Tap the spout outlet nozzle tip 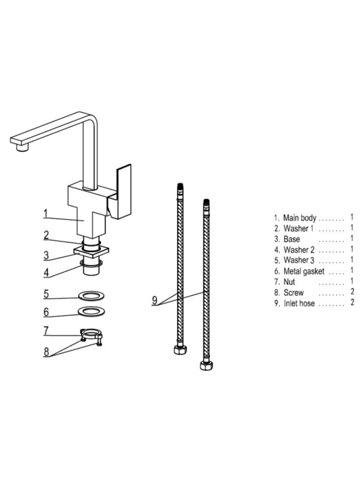coord(22,148)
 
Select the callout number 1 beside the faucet coord(46,214)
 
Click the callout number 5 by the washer coord(46,294)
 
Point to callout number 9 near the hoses coord(155,301)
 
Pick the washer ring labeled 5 coord(92,296)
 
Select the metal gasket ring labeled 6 coord(92,311)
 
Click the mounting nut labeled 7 coord(91,334)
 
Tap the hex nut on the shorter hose coord(181,349)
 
